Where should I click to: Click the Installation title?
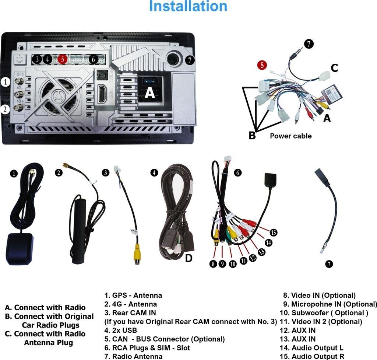[x=188, y=6]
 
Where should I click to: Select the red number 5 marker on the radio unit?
[x=63, y=59]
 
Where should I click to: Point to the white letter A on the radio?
[x=149, y=92]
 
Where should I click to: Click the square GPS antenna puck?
[x=20, y=249]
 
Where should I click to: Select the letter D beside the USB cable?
[x=188, y=258]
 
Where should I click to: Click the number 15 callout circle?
[x=273, y=233]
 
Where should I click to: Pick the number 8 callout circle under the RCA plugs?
[x=213, y=263]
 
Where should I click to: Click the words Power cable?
[x=290, y=136]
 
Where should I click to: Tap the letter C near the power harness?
[x=334, y=68]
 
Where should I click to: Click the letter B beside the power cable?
[x=252, y=136]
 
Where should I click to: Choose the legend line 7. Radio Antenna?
[x=133, y=356]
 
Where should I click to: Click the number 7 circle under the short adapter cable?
[x=329, y=264]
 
